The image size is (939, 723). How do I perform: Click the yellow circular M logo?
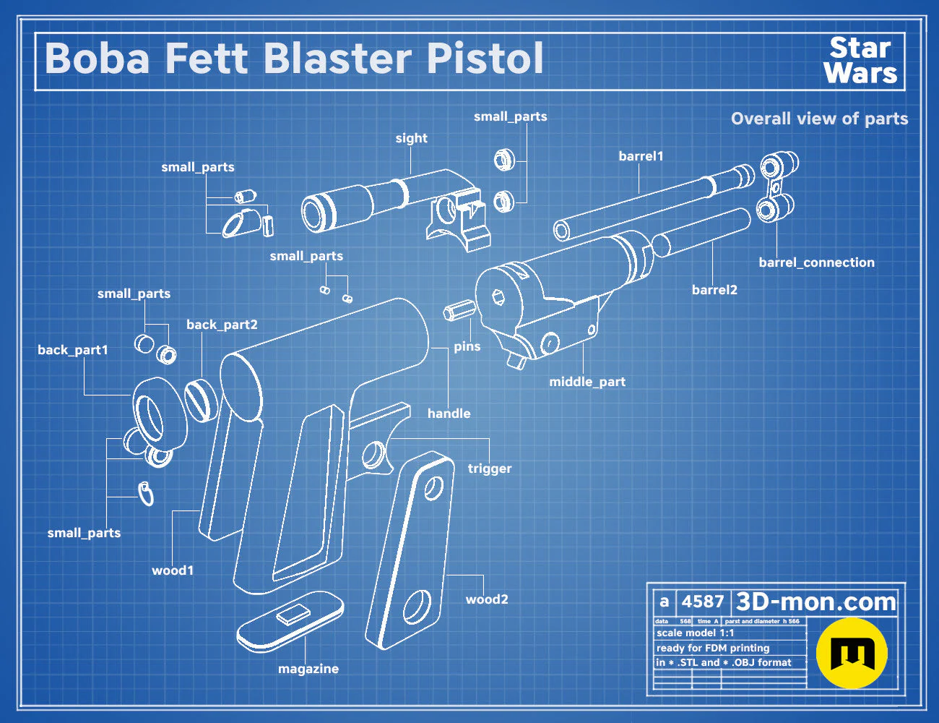click(852, 653)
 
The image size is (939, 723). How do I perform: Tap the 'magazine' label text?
click(308, 669)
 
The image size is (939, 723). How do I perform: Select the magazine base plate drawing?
click(290, 621)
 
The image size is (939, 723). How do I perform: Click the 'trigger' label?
click(490, 469)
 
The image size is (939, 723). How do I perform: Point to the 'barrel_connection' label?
click(817, 262)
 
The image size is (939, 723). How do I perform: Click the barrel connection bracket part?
click(777, 187)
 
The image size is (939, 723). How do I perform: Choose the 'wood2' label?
click(487, 599)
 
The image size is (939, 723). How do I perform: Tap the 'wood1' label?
click(173, 570)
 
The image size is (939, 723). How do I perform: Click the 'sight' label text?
click(412, 138)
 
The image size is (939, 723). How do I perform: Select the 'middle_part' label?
click(587, 382)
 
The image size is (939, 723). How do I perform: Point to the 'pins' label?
click(467, 346)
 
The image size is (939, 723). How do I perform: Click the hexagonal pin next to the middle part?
click(459, 310)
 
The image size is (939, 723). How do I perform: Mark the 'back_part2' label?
click(222, 325)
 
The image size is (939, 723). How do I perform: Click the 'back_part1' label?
click(73, 350)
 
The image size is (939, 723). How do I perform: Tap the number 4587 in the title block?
click(702, 602)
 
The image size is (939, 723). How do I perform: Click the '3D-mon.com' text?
click(815, 602)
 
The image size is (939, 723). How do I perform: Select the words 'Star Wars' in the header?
click(860, 61)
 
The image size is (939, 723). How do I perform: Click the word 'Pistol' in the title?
click(485, 59)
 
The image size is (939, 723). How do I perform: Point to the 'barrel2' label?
click(714, 290)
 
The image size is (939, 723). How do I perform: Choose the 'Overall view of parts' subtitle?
click(819, 119)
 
